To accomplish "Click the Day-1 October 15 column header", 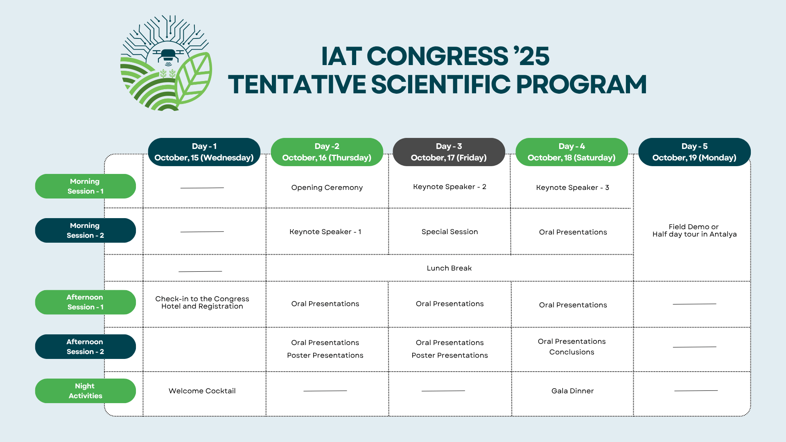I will tap(204, 152).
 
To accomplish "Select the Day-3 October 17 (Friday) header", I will tap(449, 152).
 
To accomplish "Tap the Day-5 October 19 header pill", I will tap(694, 152).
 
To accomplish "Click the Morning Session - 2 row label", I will tap(85, 230).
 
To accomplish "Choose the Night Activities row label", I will tap(85, 391).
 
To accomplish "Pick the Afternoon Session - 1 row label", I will tap(85, 302).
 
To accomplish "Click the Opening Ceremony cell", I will tap(327, 187).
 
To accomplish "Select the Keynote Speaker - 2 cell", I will tap(449, 187).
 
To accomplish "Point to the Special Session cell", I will tap(449, 232).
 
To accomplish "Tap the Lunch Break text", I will tap(449, 268).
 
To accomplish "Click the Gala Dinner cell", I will tap(572, 391).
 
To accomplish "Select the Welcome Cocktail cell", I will tap(202, 391).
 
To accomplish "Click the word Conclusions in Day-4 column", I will tap(571, 352).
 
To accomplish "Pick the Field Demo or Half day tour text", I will tap(694, 230).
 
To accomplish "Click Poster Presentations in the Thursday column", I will tap(325, 355).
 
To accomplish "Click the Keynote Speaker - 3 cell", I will tap(572, 187).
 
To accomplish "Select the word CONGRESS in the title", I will tap(437, 56).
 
